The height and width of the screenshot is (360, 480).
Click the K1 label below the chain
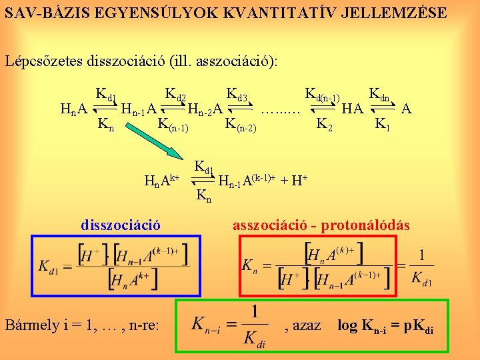click(383, 123)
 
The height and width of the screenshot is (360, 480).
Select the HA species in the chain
click(353, 108)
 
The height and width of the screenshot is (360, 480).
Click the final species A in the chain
click(407, 108)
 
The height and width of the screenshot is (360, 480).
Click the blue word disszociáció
click(121, 225)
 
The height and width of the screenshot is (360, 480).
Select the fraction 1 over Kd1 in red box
click(421, 265)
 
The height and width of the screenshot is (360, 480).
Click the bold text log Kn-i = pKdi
click(386, 326)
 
